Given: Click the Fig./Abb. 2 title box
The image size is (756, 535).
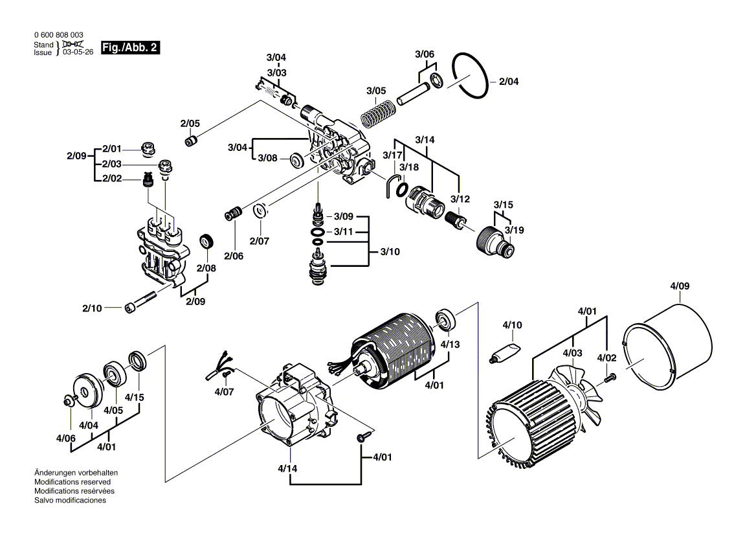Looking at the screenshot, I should pos(130,48).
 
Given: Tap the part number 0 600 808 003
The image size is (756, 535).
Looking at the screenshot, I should pos(58,35).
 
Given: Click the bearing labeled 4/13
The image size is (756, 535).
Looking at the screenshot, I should pos(446,319).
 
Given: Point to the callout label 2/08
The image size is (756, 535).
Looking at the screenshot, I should pos(206,268).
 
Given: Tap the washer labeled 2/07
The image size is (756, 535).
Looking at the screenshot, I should pos(261,211).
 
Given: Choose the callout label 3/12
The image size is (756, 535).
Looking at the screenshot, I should pos(460,198).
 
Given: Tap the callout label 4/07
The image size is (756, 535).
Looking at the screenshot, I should pos(225,392).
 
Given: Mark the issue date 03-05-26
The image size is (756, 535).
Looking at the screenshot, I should pos(78,52).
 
